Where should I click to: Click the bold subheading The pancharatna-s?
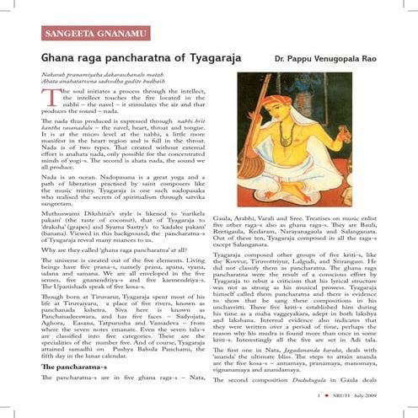[x=70, y=368]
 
